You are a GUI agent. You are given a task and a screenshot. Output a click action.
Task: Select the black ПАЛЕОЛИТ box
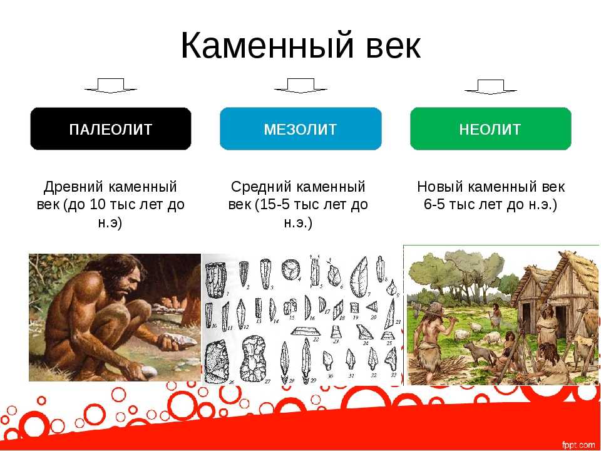click(111, 129)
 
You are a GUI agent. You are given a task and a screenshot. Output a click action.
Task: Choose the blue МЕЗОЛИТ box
click(300, 129)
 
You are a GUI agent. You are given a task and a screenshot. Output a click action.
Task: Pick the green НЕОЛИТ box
click(491, 129)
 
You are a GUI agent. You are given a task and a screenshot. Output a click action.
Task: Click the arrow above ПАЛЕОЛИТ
click(111, 86)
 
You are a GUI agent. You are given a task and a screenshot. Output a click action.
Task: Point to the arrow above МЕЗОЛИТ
click(300, 86)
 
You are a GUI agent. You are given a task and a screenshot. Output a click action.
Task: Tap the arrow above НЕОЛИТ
click(491, 86)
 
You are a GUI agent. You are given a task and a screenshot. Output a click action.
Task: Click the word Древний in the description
click(73, 187)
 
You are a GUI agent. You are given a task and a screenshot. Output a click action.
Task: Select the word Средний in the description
click(261, 187)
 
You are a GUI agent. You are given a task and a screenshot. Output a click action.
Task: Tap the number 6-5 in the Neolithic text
click(434, 205)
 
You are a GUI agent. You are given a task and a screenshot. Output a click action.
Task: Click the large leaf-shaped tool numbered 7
click(359, 277)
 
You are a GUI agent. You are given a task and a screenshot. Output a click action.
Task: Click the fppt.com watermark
click(578, 445)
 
